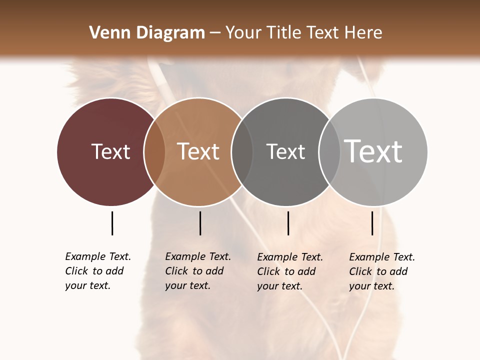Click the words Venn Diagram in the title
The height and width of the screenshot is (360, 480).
click(147, 33)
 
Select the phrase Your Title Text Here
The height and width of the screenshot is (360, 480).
click(303, 33)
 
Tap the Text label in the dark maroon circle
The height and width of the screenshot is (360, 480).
click(110, 151)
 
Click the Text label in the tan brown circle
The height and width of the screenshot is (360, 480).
click(198, 151)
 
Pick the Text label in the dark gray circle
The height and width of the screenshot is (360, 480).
click(285, 151)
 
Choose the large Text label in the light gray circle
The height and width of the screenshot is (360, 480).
click(373, 151)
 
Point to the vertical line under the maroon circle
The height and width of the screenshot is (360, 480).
click(112, 223)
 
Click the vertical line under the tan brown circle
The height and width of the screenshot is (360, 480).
click(200, 223)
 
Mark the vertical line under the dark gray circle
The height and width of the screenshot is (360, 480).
click(288, 223)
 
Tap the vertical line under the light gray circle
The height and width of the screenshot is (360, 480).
click(372, 223)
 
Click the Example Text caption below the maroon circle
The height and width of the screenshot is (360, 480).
click(97, 271)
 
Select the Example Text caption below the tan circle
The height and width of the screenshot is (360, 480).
click(197, 271)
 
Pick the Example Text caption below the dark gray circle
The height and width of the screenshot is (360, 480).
click(289, 271)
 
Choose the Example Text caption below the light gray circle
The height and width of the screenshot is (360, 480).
click(381, 271)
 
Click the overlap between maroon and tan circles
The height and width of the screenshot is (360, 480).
click(154, 151)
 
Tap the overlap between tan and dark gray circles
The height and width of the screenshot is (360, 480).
click(242, 151)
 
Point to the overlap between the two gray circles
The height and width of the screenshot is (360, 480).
click(329, 151)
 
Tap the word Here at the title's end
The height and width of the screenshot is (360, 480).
click(363, 33)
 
